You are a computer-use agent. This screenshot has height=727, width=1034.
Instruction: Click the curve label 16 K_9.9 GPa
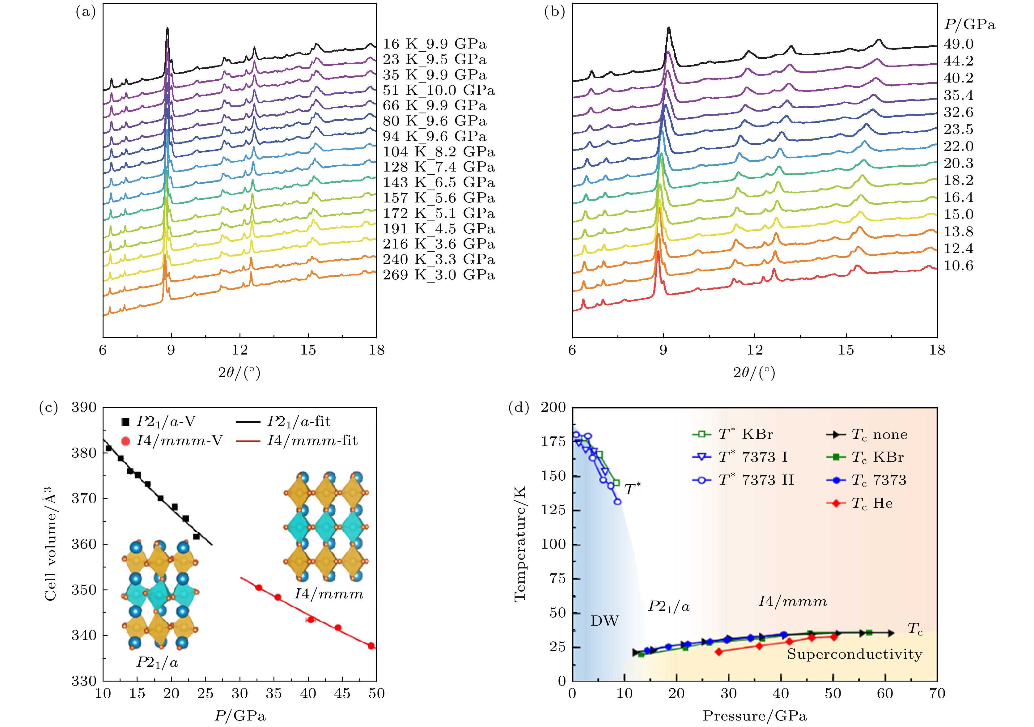tap(434, 44)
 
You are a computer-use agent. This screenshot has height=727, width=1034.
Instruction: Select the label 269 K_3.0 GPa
tap(439, 275)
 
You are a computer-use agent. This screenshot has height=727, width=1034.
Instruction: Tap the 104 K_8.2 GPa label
tap(439, 152)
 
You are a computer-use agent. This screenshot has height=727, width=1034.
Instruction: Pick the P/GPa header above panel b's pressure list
tap(970, 25)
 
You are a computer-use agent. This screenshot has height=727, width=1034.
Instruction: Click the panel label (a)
tap(86, 12)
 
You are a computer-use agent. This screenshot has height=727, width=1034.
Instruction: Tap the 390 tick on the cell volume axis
tap(84, 408)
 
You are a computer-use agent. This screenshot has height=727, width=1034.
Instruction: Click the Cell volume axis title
tap(50, 544)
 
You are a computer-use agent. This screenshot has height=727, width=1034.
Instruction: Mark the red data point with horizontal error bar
tap(310, 620)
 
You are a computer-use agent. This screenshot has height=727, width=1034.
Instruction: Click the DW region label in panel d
tap(604, 621)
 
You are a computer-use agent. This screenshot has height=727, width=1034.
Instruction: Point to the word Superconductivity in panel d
tap(854, 654)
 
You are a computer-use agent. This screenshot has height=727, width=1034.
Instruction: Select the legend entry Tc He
tap(871, 503)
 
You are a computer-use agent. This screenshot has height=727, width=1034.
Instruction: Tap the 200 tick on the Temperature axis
tap(553, 408)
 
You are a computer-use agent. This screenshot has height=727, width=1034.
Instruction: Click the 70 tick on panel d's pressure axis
tap(937, 693)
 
